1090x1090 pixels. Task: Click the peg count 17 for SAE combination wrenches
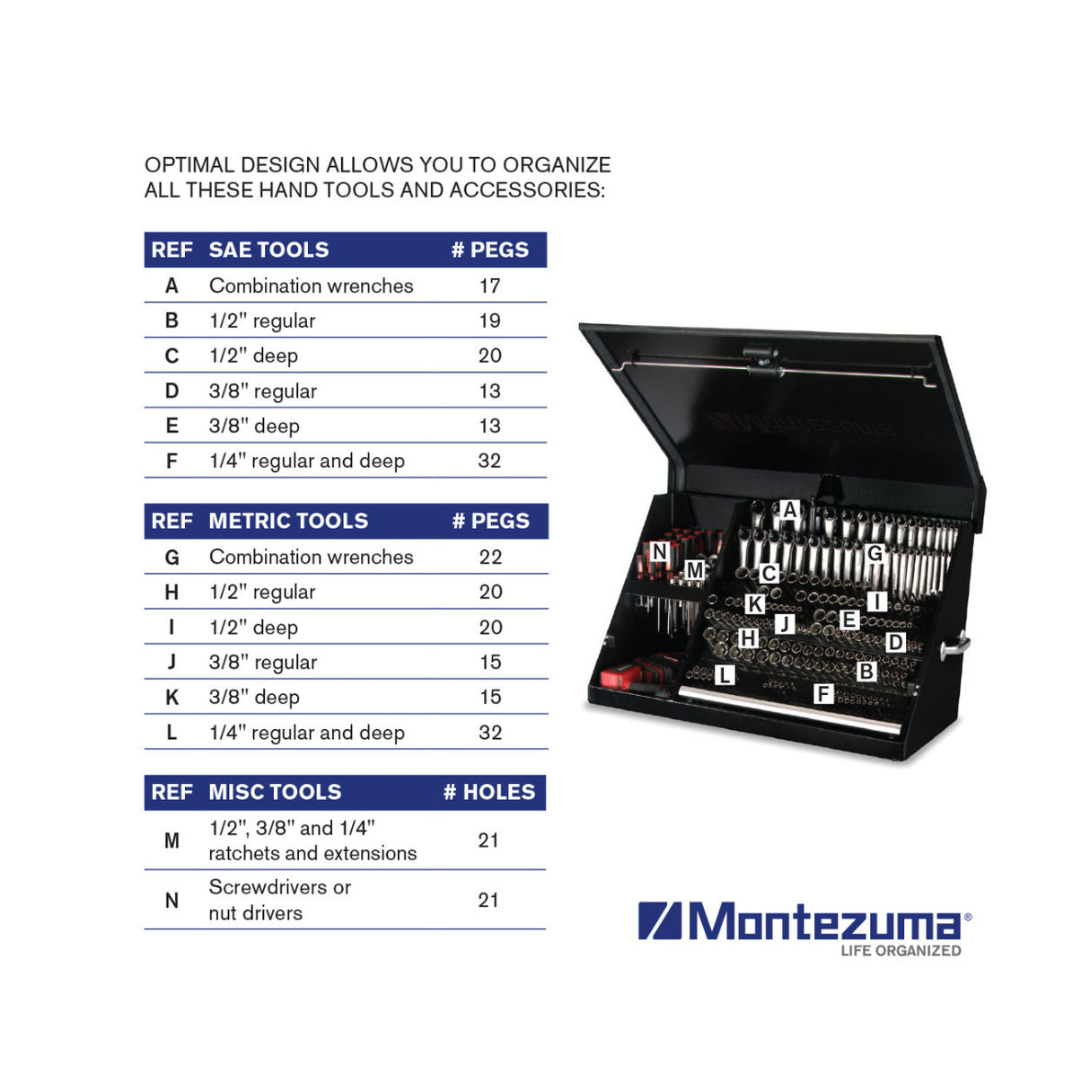tap(489, 286)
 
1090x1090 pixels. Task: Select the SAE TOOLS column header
tap(268, 250)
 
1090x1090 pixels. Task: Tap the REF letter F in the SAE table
tap(171, 461)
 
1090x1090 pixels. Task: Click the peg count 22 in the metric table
tap(490, 557)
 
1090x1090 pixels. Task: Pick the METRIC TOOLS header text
tap(288, 521)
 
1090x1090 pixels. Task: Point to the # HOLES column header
tap(489, 792)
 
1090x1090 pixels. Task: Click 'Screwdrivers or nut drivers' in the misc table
tap(279, 900)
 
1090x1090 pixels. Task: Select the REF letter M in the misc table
tap(171, 840)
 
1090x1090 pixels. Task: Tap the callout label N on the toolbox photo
tap(659, 551)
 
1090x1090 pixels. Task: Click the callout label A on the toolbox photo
tap(789, 510)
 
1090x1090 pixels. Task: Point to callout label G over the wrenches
tap(875, 553)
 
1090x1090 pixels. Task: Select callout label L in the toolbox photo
tap(725, 675)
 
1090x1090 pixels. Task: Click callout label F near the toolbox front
tap(822, 693)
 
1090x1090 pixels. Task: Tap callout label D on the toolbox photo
tap(895, 642)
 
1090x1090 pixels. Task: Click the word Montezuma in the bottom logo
tap(823, 921)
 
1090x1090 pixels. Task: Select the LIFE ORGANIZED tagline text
tap(901, 951)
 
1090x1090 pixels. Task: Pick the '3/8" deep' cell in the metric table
tap(254, 697)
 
